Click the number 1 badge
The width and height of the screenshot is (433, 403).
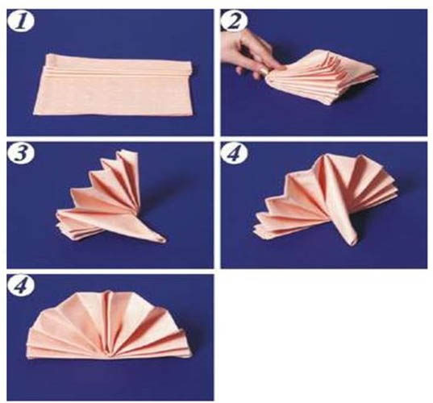(21, 22)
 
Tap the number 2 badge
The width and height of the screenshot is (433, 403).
(234, 20)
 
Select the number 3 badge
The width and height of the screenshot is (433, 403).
(21, 153)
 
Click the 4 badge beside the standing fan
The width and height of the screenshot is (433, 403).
(234, 153)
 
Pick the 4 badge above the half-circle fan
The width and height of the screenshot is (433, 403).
(21, 286)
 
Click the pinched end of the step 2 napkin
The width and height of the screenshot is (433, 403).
(270, 77)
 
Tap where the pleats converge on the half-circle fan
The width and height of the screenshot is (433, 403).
(110, 356)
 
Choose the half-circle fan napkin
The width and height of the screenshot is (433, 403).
(110, 326)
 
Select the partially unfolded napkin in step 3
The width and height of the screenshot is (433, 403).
(111, 197)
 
